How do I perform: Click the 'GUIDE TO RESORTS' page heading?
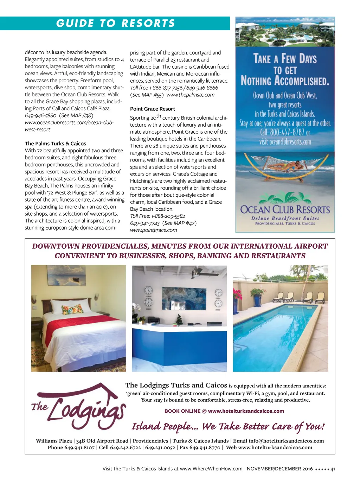click(x=115, y=23)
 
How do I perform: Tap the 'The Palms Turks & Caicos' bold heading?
click(x=55, y=144)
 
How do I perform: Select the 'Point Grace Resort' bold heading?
click(x=152, y=109)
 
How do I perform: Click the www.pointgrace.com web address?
click(x=154, y=230)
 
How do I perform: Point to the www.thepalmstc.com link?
click(x=190, y=95)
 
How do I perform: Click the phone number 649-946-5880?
click(x=40, y=115)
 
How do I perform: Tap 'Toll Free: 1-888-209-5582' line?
click(x=157, y=216)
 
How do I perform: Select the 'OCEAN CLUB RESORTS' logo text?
click(x=285, y=210)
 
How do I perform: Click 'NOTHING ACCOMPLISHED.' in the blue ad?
click(x=285, y=81)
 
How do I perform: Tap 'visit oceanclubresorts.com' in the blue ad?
click(x=285, y=142)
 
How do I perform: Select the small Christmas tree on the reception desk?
click(x=179, y=319)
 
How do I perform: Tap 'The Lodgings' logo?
click(x=78, y=408)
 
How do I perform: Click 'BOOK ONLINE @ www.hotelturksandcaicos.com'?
click(x=224, y=411)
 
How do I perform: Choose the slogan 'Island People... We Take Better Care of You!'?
click(x=228, y=427)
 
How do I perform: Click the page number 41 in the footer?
click(x=333, y=469)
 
